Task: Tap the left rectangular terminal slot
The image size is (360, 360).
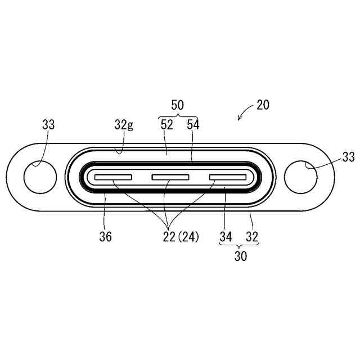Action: click(x=113, y=177)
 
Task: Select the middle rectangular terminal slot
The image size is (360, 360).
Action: click(x=170, y=177)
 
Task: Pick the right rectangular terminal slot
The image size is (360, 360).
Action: click(x=228, y=177)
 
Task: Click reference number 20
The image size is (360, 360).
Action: click(x=263, y=105)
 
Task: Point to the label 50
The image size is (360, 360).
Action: click(x=178, y=105)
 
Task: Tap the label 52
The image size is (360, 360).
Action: click(x=166, y=125)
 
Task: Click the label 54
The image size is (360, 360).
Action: click(x=193, y=125)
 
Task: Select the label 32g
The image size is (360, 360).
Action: click(x=124, y=125)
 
